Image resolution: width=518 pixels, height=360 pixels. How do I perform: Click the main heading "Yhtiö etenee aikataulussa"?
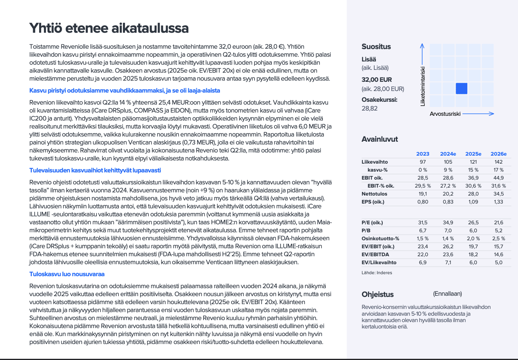109,28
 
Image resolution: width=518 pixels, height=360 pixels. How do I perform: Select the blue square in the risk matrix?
461,88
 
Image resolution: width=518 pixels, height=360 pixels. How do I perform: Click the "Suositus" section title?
376,47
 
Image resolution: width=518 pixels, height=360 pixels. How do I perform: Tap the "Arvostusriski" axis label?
445,114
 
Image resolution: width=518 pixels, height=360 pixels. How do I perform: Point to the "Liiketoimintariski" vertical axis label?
423,86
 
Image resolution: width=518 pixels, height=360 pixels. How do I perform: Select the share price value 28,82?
370,108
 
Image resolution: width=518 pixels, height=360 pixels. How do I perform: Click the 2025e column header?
473,154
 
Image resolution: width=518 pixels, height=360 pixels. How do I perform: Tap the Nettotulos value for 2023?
423,194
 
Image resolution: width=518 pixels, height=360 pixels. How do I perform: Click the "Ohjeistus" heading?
378,295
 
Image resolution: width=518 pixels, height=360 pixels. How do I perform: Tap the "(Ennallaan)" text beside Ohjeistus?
447,294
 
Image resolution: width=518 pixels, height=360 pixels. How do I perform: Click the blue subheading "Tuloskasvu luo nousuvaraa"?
67,274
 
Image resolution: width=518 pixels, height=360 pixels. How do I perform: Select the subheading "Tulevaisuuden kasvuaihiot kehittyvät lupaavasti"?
95,170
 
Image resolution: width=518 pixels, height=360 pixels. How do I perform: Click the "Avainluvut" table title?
380,139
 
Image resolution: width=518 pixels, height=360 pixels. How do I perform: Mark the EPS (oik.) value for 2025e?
473,202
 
